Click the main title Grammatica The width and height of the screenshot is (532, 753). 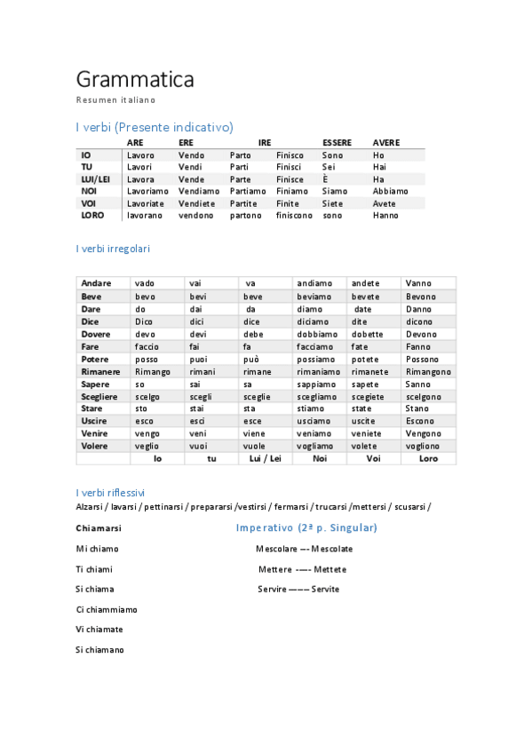click(x=135, y=80)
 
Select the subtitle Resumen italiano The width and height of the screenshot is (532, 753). click(x=115, y=100)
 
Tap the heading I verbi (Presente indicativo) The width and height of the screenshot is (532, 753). click(x=155, y=127)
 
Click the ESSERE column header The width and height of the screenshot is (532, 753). click(x=337, y=143)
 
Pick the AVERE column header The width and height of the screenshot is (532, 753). click(x=386, y=143)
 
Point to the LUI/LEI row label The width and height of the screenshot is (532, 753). click(x=95, y=179)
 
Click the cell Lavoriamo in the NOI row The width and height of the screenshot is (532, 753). click(x=147, y=191)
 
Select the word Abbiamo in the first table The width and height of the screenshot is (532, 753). click(x=391, y=191)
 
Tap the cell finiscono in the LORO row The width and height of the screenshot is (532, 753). click(x=294, y=216)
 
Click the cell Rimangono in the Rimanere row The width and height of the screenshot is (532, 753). click(x=428, y=371)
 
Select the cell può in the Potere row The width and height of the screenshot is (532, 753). click(x=252, y=359)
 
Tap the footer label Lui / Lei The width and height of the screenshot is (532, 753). click(x=265, y=459)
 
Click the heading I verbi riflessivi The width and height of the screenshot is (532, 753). click(x=110, y=492)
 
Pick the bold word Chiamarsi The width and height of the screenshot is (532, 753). click(x=99, y=528)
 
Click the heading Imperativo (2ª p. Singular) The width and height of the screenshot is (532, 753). click(x=306, y=528)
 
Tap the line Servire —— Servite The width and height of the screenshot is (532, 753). click(x=298, y=590)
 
